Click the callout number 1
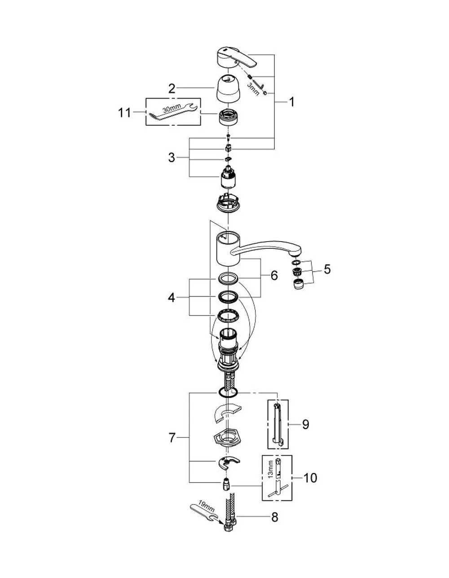(x=291, y=102)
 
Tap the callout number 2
(x=172, y=88)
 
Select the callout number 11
(x=124, y=113)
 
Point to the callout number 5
(x=327, y=269)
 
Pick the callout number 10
(x=310, y=478)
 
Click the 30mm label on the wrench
(x=172, y=108)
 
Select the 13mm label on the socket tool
(x=270, y=469)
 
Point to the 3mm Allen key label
(x=253, y=89)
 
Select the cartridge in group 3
(x=228, y=176)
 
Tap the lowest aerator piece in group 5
(x=298, y=284)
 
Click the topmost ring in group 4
(x=228, y=279)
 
